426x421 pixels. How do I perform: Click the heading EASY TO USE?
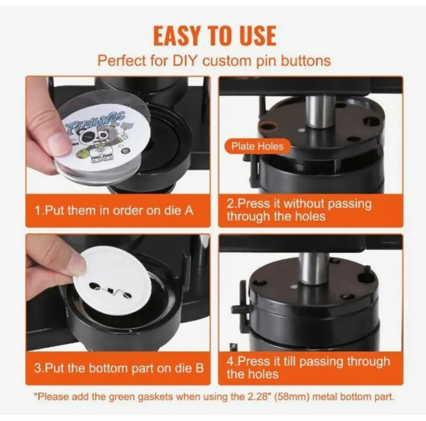point(214,35)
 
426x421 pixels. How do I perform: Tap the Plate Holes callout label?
point(257,146)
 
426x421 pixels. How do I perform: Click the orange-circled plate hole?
point(267,126)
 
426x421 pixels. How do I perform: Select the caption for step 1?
point(114,210)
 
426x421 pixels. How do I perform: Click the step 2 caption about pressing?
point(299,210)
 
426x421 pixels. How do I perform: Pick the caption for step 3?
point(119,367)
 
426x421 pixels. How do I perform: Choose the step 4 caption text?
point(308,367)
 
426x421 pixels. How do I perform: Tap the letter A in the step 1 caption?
point(189,210)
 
